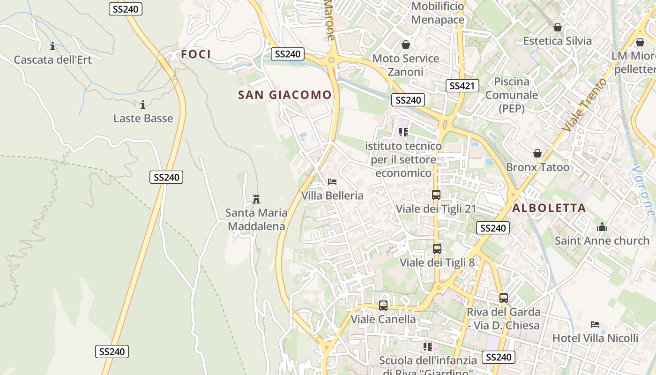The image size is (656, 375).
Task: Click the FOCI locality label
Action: tap(196, 54)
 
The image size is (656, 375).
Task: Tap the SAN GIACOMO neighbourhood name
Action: tap(285, 95)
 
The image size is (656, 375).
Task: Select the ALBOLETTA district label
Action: tap(549, 208)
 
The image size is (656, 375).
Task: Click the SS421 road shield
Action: tap(462, 86)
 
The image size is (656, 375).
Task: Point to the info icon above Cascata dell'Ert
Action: tap(52, 46)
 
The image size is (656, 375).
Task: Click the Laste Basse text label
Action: tap(143, 118)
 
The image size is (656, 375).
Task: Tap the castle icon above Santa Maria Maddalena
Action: tap(256, 199)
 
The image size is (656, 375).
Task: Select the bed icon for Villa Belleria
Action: tap(332, 182)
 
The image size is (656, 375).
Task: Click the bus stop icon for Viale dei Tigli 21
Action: tap(436, 195)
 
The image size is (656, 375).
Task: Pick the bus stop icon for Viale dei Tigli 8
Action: tap(437, 249)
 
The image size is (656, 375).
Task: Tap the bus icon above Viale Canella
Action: tap(383, 306)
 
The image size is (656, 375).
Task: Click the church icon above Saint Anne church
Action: tap(602, 228)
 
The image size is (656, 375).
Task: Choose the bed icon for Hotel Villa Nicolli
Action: tap(595, 324)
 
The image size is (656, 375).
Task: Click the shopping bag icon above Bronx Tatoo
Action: tap(537, 154)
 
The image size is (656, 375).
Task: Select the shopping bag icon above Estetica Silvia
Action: tap(558, 28)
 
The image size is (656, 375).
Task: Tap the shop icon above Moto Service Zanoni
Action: tap(406, 45)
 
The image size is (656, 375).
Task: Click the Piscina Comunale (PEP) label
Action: tap(511, 95)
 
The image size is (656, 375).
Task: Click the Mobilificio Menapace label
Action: tap(438, 13)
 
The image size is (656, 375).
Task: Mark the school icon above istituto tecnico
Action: tap(403, 133)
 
